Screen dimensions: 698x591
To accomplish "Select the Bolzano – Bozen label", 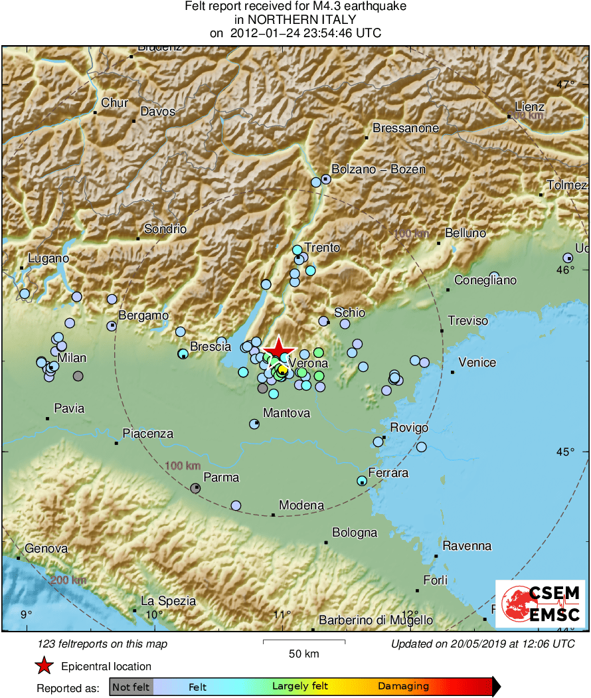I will [378, 169].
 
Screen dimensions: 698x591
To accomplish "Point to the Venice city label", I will [477, 362].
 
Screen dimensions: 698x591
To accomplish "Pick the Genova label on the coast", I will [46, 549].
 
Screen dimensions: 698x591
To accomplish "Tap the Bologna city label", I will [355, 533].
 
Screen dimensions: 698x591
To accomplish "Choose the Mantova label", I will [286, 413].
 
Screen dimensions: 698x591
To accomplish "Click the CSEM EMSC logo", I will [540, 603].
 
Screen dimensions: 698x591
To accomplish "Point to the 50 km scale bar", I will [304, 642].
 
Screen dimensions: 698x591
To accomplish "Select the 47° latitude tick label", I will [566, 84].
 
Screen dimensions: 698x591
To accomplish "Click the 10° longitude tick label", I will [154, 614].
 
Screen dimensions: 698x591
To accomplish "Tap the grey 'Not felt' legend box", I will [131, 686].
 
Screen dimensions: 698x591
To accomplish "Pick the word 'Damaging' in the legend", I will [403, 686].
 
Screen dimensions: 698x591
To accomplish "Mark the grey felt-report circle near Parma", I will [195, 488].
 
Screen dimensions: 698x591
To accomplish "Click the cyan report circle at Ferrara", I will [362, 480].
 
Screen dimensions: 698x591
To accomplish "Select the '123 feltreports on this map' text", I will [103, 644].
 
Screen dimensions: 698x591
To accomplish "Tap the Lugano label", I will [48, 258].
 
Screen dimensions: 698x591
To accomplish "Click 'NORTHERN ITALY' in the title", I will [295, 20].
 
